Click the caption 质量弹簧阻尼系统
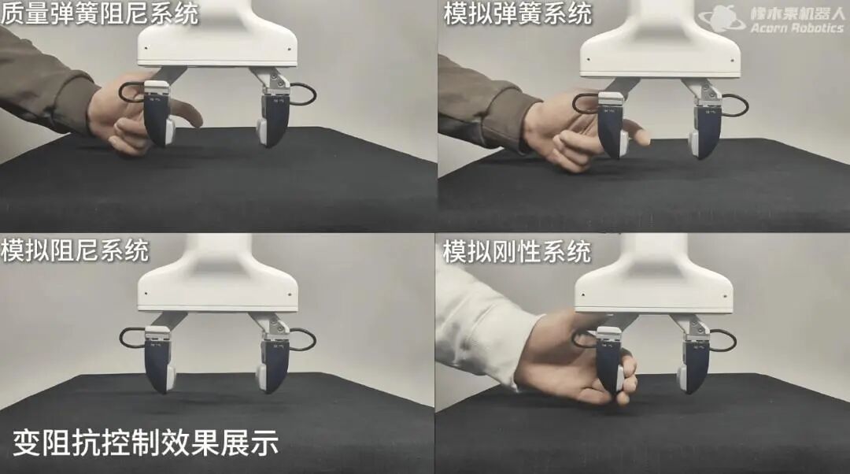pos(100,13)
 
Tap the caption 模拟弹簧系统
pos(518,13)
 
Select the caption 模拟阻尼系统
pos(75,250)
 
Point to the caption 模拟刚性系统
pos(517,252)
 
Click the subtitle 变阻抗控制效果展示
pos(146,443)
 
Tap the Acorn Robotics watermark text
pos(796,28)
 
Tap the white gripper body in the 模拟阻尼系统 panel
pos(217,282)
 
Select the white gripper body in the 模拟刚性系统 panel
pos(654,282)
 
